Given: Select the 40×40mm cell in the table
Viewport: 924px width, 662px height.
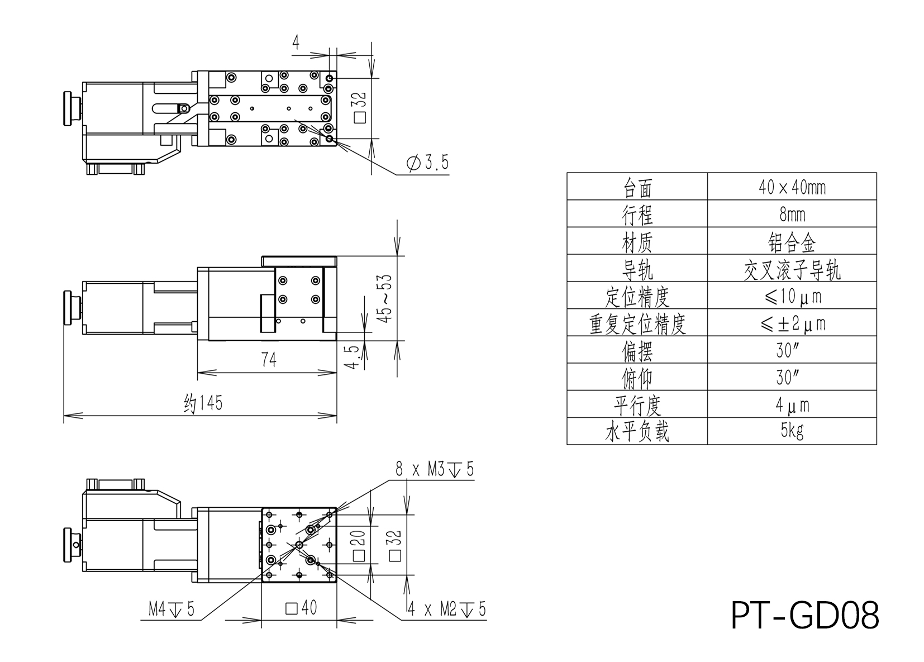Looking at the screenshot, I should pos(792,187).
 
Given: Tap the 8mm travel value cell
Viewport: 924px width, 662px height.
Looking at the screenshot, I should pos(792,214).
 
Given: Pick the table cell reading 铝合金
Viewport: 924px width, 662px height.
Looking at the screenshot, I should pos(792,241).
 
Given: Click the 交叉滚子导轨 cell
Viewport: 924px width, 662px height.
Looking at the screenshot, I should pos(792,269).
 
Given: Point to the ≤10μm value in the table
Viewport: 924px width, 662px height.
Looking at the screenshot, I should pos(792,296).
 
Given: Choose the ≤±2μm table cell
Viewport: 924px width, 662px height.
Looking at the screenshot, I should pos(792,323).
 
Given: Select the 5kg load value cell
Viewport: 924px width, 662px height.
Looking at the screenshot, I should pos(792,431).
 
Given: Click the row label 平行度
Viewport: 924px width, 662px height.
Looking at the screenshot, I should pos(637,404).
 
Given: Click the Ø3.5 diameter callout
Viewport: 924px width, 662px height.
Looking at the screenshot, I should pos(427,163).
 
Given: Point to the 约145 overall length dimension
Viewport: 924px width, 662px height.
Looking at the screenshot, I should pos(203,403).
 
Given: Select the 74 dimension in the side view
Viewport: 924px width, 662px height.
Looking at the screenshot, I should pos(269,360).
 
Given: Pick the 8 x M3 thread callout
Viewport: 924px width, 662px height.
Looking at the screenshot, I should pos(434,470).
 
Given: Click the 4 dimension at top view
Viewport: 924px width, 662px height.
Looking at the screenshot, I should pos(296,42).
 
